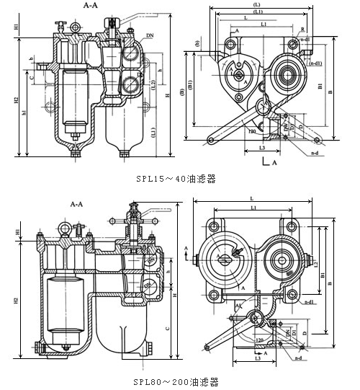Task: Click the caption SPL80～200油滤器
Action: click(x=175, y=381)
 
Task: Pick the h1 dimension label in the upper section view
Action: click(x=25, y=112)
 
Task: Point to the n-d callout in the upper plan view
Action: click(x=315, y=153)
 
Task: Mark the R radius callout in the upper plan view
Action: click(x=303, y=29)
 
